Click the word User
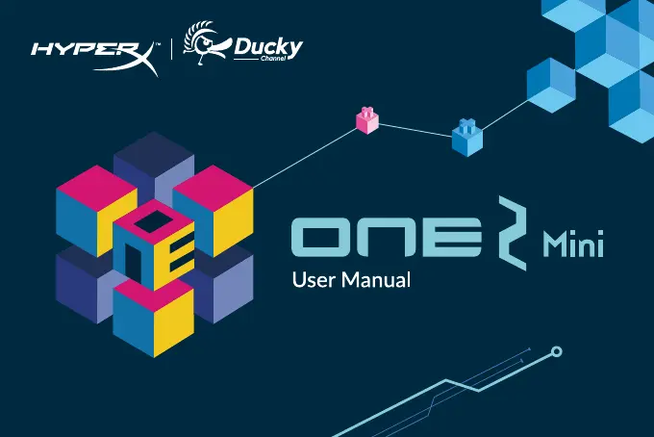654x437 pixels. (x=313, y=282)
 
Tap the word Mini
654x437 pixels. (x=572, y=244)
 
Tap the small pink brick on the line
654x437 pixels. (x=366, y=119)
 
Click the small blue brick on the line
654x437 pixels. (x=466, y=137)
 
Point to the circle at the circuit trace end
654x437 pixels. (x=554, y=354)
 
